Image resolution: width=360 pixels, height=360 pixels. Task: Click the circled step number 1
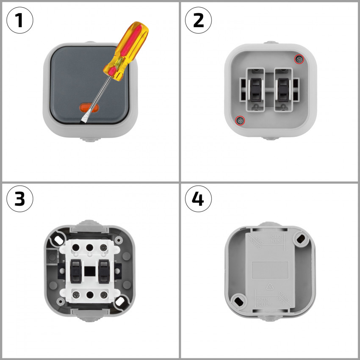click(x=20, y=20)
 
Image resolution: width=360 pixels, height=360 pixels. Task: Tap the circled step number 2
click(x=198, y=20)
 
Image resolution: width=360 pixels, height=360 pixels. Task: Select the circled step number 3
click(x=20, y=198)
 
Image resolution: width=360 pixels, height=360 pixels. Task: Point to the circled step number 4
click(x=198, y=198)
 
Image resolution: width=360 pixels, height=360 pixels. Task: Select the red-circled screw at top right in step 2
click(x=300, y=59)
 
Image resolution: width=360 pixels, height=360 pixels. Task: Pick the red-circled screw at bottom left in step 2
click(x=240, y=120)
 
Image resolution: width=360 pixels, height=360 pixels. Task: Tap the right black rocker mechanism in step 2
click(x=284, y=89)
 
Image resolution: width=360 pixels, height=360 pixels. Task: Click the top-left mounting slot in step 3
click(x=55, y=240)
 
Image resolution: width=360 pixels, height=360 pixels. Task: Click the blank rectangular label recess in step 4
click(x=270, y=269)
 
